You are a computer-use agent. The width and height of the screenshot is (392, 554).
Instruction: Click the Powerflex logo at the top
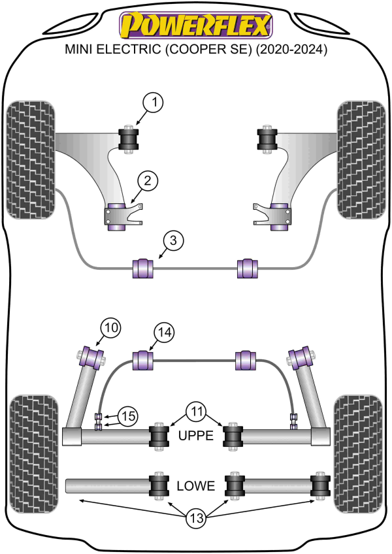[x=196, y=25]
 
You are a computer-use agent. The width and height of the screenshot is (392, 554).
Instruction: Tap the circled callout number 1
[x=153, y=103]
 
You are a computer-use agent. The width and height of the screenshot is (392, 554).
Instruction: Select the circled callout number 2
[x=147, y=181]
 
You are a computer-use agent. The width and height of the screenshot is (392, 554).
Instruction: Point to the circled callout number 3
[x=173, y=240]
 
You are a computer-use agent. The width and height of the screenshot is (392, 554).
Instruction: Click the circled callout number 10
[x=111, y=328]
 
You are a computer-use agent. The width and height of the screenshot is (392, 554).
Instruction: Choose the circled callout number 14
[x=165, y=333]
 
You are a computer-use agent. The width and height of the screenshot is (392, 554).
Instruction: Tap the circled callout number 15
[x=127, y=416]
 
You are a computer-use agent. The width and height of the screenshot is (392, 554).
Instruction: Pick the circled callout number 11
[x=197, y=412]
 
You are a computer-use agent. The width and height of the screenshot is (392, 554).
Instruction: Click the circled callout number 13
[x=197, y=518]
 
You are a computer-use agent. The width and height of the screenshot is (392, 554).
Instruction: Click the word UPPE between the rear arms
[x=196, y=436]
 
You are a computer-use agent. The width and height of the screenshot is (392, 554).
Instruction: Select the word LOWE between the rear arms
[x=195, y=486]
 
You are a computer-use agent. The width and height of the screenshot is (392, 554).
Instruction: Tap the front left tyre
[x=31, y=160]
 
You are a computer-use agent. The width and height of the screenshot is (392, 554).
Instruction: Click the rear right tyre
[x=359, y=454]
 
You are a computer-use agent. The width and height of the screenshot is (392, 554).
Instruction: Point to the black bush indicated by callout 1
[x=128, y=139]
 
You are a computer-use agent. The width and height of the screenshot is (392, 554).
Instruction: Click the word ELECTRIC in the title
[x=128, y=49]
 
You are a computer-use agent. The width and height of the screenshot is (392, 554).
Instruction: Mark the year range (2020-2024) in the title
[x=291, y=50]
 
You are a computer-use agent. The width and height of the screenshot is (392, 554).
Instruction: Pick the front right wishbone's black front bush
[x=267, y=139]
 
